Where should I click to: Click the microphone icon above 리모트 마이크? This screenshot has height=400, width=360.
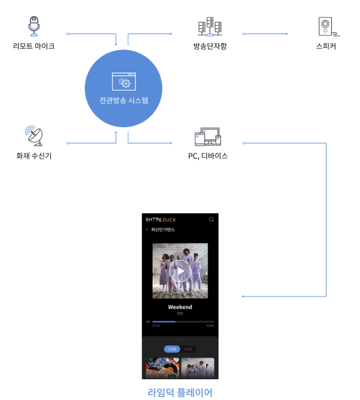pyautogui.click(x=34, y=25)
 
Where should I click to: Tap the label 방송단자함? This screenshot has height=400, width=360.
pyautogui.click(x=210, y=46)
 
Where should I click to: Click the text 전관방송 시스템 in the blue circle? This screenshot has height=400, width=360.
pyautogui.click(x=124, y=101)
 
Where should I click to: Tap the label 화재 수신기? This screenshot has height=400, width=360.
pyautogui.click(x=34, y=155)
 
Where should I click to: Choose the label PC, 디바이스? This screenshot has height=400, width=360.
pyautogui.click(x=208, y=155)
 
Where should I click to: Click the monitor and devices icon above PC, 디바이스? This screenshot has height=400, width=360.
pyautogui.click(x=208, y=136)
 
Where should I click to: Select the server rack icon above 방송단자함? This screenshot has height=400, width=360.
pyautogui.click(x=210, y=26)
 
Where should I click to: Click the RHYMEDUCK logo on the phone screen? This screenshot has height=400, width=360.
pyautogui.click(x=160, y=219)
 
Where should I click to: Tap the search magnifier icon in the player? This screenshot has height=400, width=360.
pyautogui.click(x=211, y=219)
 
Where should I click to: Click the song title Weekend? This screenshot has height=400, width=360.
pyautogui.click(x=180, y=307)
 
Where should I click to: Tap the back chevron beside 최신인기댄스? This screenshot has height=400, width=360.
pyautogui.click(x=147, y=230)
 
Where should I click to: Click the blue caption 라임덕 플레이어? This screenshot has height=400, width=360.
pyautogui.click(x=180, y=392)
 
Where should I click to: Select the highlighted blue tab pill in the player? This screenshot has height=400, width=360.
pyautogui.click(x=172, y=349)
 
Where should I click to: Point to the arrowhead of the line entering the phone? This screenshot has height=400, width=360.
pyautogui.click(x=242, y=296)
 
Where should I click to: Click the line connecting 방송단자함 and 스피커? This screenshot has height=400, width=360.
pyautogui.click(x=264, y=34)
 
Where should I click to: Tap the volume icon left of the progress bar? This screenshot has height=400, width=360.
pyautogui.click(x=148, y=322)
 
